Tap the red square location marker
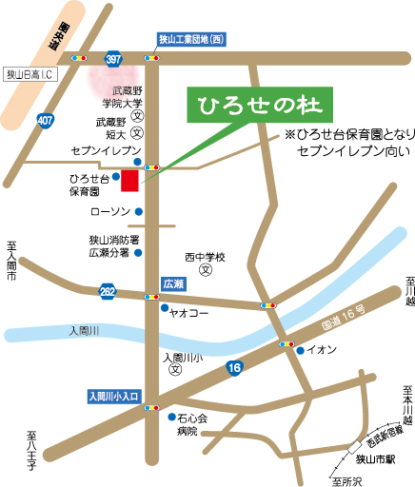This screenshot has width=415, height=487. [129, 181]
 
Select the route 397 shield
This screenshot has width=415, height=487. [114, 59]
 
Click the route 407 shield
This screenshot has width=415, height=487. [46, 121]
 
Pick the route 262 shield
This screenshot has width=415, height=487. [109, 288]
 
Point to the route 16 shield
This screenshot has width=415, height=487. [234, 367]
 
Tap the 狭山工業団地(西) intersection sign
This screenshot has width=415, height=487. [190, 39]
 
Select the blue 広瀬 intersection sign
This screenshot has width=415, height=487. [173, 283]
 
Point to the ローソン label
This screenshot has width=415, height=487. [108, 211]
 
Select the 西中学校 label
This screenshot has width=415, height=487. [206, 257]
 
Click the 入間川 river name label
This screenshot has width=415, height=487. [89, 330]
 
